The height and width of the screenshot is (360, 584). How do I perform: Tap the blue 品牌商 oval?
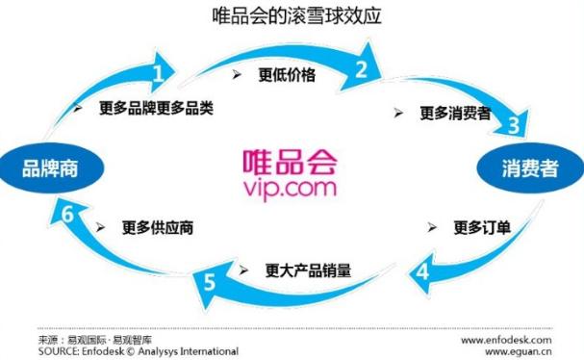coord(49,169)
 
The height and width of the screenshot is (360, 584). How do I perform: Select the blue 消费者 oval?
coord(529,170)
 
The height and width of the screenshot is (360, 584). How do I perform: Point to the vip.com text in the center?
coord(291,187)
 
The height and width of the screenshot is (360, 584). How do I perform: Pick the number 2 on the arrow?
coord(362,68)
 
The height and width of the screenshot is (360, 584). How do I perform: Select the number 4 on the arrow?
coord(422,271)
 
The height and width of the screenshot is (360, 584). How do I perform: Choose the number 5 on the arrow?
coord(210,282)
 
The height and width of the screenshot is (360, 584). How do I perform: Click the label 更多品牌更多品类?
coord(155,108)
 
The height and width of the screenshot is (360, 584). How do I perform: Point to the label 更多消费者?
coord(454,113)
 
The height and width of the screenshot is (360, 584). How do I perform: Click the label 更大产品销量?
coord(308,270)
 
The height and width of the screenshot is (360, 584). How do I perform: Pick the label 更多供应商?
coord(158,228)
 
